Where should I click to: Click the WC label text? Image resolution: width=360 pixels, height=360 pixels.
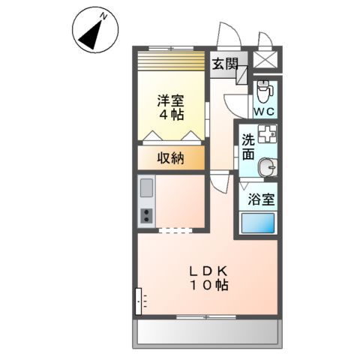pos(263,111)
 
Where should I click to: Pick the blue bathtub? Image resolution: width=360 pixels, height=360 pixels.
pos(258,223)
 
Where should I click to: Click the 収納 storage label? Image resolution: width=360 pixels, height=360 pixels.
pos(169,157)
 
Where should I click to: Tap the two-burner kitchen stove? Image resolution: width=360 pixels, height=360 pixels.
pos(146,216)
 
